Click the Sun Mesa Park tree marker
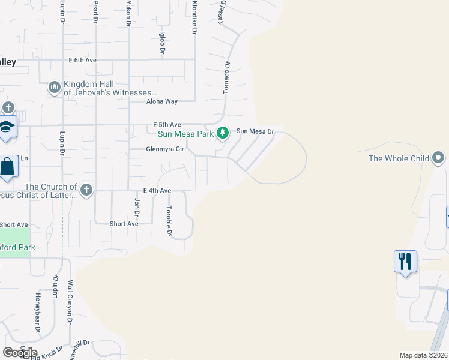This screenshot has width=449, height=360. tap(223, 132)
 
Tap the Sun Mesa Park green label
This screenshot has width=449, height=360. tap(185, 134)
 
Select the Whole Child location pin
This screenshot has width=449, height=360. tap(439, 158)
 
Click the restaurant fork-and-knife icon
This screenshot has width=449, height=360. tap(406, 261)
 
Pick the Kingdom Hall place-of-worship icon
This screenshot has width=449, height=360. tap(55, 88)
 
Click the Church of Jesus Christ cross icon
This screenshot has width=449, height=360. tap(86, 190)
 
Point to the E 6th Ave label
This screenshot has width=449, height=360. tap(82, 61)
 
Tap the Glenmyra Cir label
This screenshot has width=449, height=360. tap(164, 149)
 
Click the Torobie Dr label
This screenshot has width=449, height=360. tap(169, 221)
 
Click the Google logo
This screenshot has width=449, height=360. tap(20, 353)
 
